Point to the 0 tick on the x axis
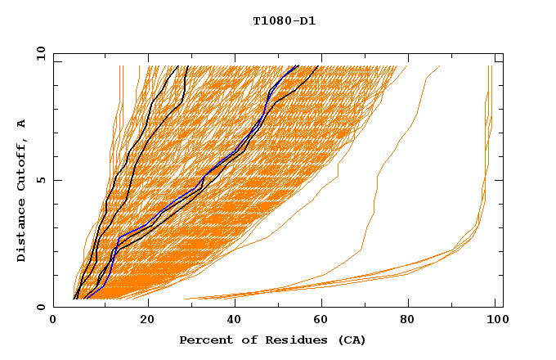54,321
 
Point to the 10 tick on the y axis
40,52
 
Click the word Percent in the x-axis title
205,340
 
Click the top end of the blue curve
298,66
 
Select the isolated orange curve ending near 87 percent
376,180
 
